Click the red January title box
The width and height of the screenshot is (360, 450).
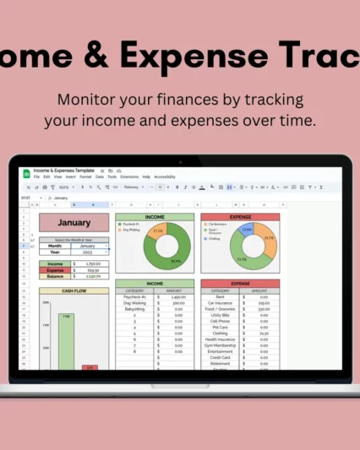[x=74, y=223]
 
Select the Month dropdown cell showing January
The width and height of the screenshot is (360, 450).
[x=87, y=246]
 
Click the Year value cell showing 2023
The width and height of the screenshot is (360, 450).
[x=87, y=252]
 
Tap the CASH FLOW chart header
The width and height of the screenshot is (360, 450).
[x=74, y=290]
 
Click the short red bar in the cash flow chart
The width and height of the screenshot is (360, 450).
[x=90, y=367]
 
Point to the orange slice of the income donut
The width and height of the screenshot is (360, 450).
[x=156, y=230]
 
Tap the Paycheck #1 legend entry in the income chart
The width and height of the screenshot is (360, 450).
[x=132, y=224]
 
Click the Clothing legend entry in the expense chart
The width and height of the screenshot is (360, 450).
[x=216, y=238]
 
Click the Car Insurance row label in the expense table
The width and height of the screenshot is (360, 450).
[x=220, y=303]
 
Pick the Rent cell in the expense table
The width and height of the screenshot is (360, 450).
[x=220, y=296]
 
